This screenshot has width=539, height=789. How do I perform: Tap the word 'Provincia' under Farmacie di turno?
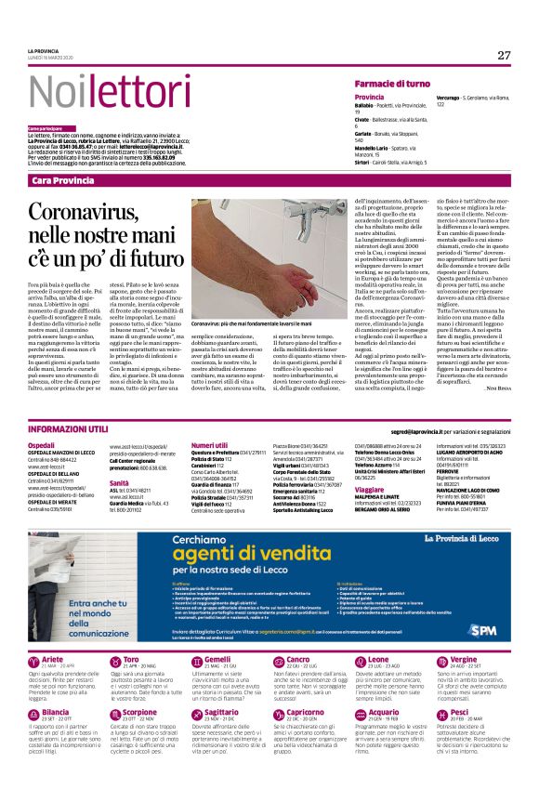click(x=369, y=98)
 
